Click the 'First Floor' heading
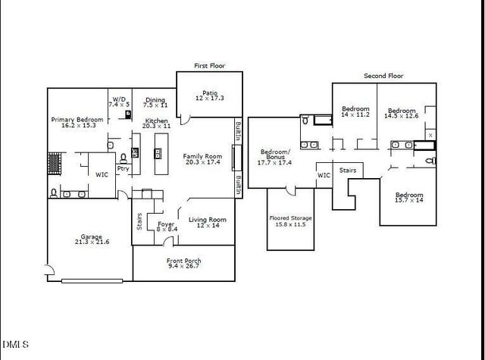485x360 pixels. click(209, 66)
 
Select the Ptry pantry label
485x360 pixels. click(122, 170)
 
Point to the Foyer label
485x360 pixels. click(166, 225)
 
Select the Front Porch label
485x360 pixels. click(184, 261)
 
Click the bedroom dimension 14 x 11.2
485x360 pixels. click(355, 114)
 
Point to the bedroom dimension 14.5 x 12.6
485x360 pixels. click(401, 115)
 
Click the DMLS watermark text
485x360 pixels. click(16, 345)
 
